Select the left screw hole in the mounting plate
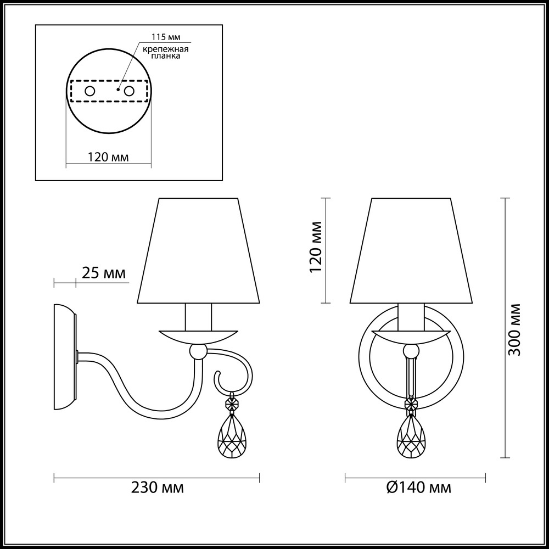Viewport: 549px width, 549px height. coord(89,91)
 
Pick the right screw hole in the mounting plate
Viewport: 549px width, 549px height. coord(130,91)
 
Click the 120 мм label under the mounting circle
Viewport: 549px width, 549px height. coord(108,157)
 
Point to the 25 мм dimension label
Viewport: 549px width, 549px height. coord(103,272)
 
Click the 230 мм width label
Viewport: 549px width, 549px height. coord(157,487)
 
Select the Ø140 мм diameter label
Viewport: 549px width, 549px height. coord(418,487)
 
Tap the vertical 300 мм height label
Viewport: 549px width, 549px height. coord(514,329)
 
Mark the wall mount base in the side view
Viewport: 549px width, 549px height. coord(65,357)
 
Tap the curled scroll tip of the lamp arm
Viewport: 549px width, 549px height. coord(218,378)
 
